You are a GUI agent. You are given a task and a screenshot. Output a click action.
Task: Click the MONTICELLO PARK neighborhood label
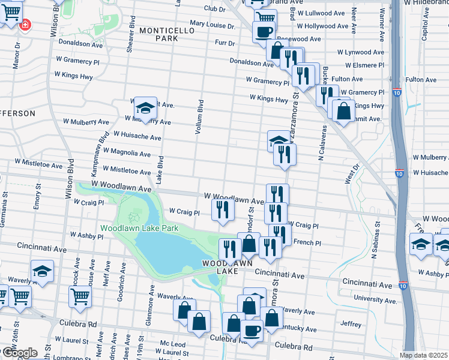pos(158,34)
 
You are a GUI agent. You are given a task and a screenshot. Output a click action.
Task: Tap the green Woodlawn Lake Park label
pos(139,228)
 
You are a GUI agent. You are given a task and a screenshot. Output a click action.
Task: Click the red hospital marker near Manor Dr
pos(25,25)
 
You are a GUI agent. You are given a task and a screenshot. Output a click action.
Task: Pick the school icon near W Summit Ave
pos(145,109)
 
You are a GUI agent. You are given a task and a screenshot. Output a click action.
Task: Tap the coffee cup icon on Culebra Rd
pos(252,331)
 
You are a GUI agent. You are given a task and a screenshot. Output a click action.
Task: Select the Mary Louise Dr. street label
pos(212,26)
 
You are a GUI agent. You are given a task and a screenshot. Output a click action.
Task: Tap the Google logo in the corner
pos(19,353)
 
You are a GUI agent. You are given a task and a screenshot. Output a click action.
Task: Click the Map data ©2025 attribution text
pos(424,355)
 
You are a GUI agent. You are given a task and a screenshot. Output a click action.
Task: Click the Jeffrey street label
pos(351,323)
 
